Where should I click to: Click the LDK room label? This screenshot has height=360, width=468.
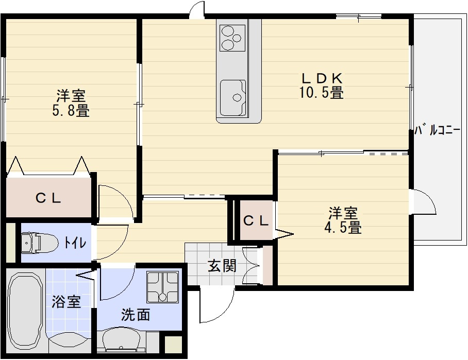tap(322, 78)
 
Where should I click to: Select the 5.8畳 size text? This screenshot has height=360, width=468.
tap(71, 110)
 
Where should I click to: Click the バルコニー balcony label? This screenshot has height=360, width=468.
tap(438, 131)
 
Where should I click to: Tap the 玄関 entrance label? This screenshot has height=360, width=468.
tap(222, 266)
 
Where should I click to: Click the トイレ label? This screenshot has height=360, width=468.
tap(75, 243)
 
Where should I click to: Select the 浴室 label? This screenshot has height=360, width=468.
tap(66, 302)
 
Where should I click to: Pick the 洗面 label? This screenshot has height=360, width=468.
tap(136, 315)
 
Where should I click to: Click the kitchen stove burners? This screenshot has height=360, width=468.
tap(231, 37)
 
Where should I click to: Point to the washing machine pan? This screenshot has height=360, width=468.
tap(162, 287)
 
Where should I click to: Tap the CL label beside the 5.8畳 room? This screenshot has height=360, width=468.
tap(48, 197)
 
